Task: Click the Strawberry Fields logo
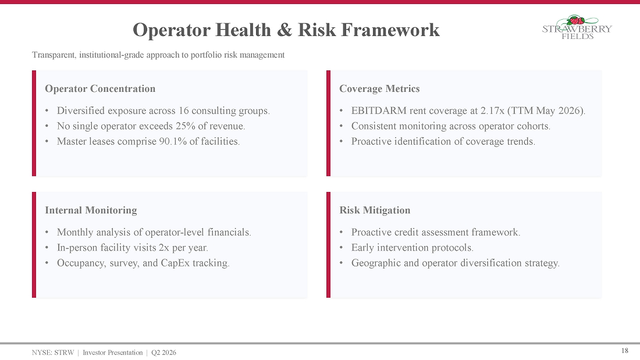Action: click(577, 27)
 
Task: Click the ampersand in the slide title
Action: click(285, 30)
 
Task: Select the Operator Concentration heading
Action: click(100, 88)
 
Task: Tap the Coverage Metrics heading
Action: click(379, 88)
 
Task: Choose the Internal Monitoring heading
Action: click(91, 210)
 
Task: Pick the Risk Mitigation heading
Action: click(375, 210)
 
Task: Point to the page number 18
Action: click(624, 351)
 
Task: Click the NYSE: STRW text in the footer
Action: click(53, 352)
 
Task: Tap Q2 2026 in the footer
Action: click(163, 352)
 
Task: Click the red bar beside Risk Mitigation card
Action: click(328, 245)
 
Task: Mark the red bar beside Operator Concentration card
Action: click(34, 123)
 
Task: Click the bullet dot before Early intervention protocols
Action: click(341, 248)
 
